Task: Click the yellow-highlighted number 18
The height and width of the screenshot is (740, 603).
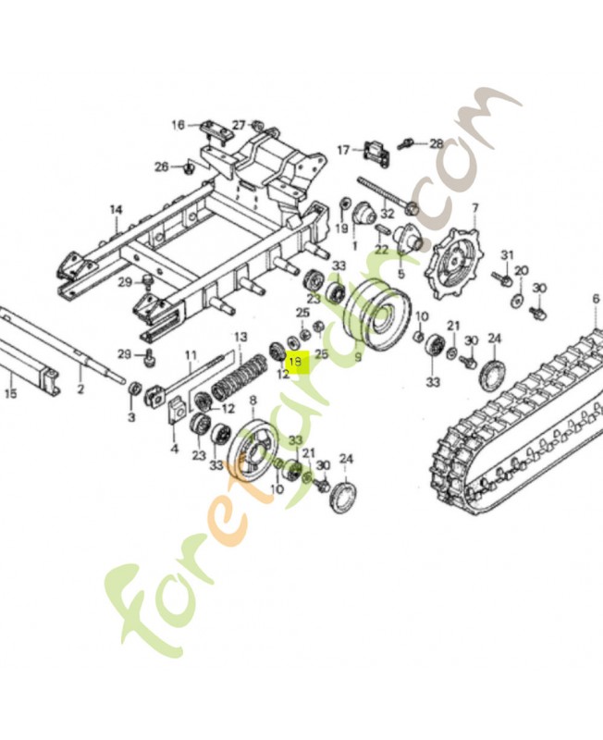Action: pos(295,362)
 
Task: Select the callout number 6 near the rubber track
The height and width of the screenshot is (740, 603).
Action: pos(596,298)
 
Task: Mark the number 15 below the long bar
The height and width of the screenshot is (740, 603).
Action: pos(11,393)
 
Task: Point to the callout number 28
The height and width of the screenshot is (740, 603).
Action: pos(436,143)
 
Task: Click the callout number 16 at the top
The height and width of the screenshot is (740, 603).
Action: pos(178,124)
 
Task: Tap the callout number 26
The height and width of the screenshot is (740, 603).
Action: pos(161,166)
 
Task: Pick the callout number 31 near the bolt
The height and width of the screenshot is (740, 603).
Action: pos(506,254)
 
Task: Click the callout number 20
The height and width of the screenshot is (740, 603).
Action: pos(522,270)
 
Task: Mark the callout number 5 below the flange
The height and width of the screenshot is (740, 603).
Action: pos(400,274)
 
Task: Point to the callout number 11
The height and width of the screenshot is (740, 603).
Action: pos(191,354)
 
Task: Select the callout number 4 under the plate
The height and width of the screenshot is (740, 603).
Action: pos(174,450)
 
